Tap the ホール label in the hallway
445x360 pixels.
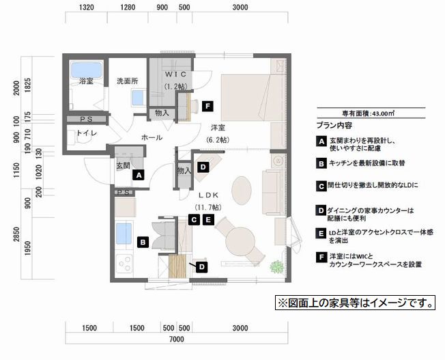pyautogui.click(x=151, y=137)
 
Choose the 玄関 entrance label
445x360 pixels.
pyautogui.click(x=123, y=165)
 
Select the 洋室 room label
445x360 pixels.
pyautogui.click(x=218, y=128)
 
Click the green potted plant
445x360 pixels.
pyautogui.click(x=277, y=266)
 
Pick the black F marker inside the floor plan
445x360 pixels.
pyautogui.click(x=208, y=106)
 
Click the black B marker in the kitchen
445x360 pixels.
pyautogui.click(x=143, y=241)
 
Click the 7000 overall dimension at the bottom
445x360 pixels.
pyautogui.click(x=176, y=339)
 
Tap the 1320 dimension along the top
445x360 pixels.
pyautogui.click(x=87, y=9)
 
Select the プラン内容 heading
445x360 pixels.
pyautogui.click(x=334, y=126)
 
